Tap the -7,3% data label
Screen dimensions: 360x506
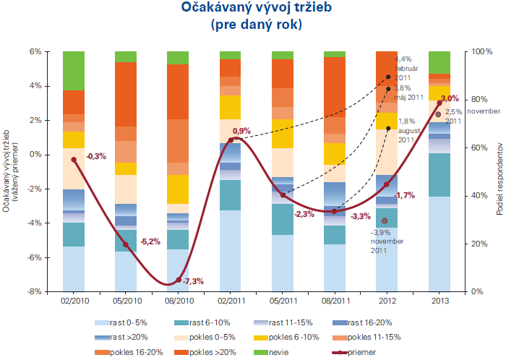tap(193, 281)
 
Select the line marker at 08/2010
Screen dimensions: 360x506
tap(178, 280)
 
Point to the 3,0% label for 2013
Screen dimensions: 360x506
tap(450, 98)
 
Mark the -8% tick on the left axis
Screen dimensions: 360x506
tap(34, 292)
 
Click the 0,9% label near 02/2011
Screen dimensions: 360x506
tap(241, 131)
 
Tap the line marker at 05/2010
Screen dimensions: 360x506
tap(126, 244)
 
